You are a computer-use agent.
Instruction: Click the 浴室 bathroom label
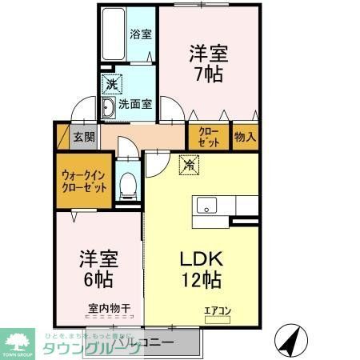point(141,34)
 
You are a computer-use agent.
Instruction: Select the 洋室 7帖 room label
point(208,64)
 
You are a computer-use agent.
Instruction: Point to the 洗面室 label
point(136,103)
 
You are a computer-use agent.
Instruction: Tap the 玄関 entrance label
point(84,135)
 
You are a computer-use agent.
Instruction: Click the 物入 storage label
point(245,136)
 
